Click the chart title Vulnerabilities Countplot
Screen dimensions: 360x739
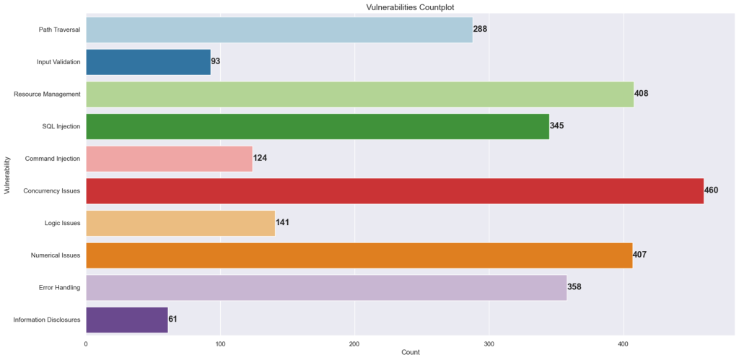[409, 6]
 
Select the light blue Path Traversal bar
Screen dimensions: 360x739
[279, 30]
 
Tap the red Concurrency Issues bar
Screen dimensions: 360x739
[395, 190]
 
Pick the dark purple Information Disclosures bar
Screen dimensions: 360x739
[127, 320]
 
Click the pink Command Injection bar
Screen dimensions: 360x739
[169, 159]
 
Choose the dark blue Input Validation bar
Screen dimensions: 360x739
[148, 62]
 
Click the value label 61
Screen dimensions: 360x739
[173, 319]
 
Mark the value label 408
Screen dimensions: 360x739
[642, 94]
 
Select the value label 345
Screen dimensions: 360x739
[556, 126]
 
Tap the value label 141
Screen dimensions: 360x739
[282, 223]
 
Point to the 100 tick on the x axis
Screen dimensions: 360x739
[221, 344]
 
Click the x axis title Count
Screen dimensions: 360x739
[409, 353]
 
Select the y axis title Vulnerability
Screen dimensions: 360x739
[7, 175]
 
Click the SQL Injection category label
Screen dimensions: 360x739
[61, 126]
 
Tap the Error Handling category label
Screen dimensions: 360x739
[59, 287]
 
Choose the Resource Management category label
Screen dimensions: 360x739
[47, 94]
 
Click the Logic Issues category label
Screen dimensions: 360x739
[62, 223]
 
